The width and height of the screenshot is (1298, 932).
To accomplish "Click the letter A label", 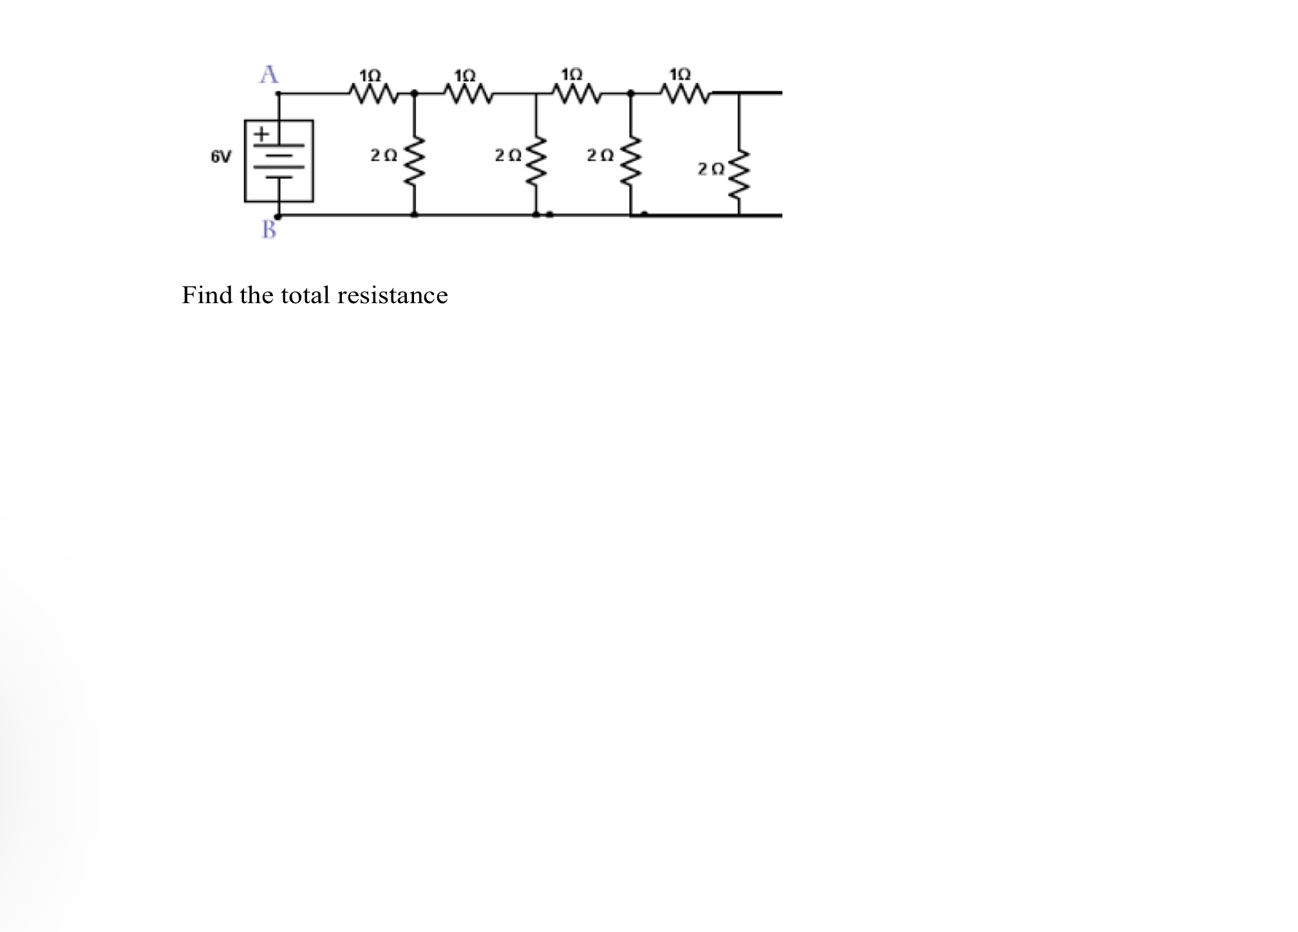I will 269,74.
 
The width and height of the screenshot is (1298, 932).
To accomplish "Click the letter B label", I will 269,229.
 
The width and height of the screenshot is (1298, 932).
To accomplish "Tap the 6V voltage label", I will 221,156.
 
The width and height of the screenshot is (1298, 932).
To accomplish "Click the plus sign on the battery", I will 261,135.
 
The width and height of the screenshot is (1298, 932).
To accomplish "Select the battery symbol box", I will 279,161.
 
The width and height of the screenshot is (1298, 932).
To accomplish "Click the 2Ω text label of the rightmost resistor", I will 711,169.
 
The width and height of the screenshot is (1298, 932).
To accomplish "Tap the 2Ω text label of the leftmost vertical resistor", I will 384,155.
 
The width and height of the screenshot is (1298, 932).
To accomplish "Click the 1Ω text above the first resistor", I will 370,75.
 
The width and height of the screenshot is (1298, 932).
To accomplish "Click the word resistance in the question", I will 392,295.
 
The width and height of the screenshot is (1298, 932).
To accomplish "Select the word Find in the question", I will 207,295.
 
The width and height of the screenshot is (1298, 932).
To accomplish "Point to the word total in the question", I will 305,295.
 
